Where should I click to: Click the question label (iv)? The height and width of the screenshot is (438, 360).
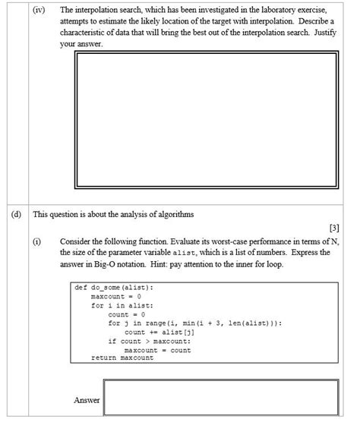pos(39,10)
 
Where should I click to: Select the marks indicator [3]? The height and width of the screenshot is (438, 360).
pos(335,227)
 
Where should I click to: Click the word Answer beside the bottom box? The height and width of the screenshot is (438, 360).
pos(87,399)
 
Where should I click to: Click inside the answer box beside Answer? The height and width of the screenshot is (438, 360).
pos(220,398)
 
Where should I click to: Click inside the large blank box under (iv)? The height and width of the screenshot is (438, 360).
pos(206,121)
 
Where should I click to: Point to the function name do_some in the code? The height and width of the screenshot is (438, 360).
pos(106,288)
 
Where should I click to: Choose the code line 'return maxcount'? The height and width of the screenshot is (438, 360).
pos(122,358)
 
